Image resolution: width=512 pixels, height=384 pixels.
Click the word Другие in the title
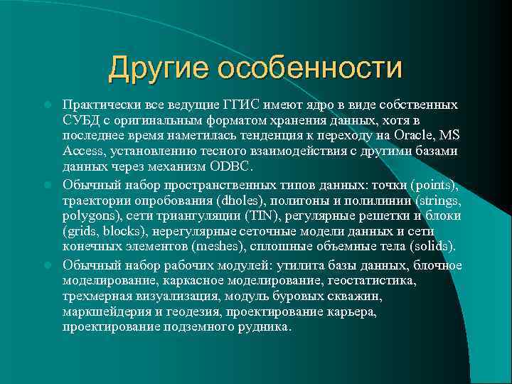[x=158, y=68]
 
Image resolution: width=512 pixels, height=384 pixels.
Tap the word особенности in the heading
[x=309, y=68]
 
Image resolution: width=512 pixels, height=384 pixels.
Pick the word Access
[x=83, y=151]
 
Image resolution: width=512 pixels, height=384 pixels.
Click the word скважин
[x=362, y=297]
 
